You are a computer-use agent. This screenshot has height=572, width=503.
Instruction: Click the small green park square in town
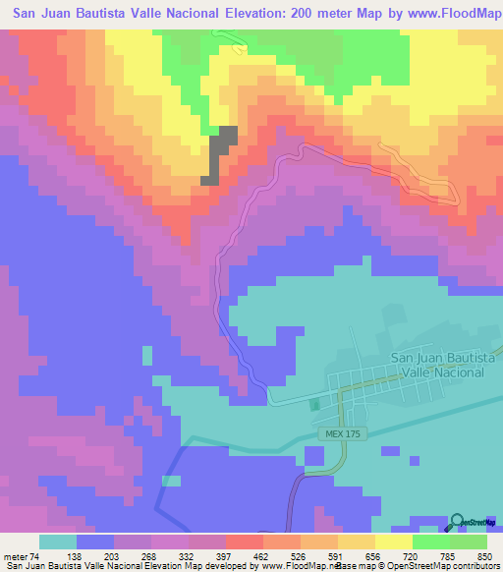[x=314, y=404]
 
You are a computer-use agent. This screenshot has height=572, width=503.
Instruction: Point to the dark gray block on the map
[x=220, y=155]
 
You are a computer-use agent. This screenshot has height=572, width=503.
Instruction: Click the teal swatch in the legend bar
[x=58, y=542]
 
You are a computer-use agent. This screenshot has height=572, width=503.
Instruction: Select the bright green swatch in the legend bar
[x=430, y=542]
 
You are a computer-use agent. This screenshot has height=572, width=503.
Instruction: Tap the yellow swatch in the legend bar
[x=393, y=542]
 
